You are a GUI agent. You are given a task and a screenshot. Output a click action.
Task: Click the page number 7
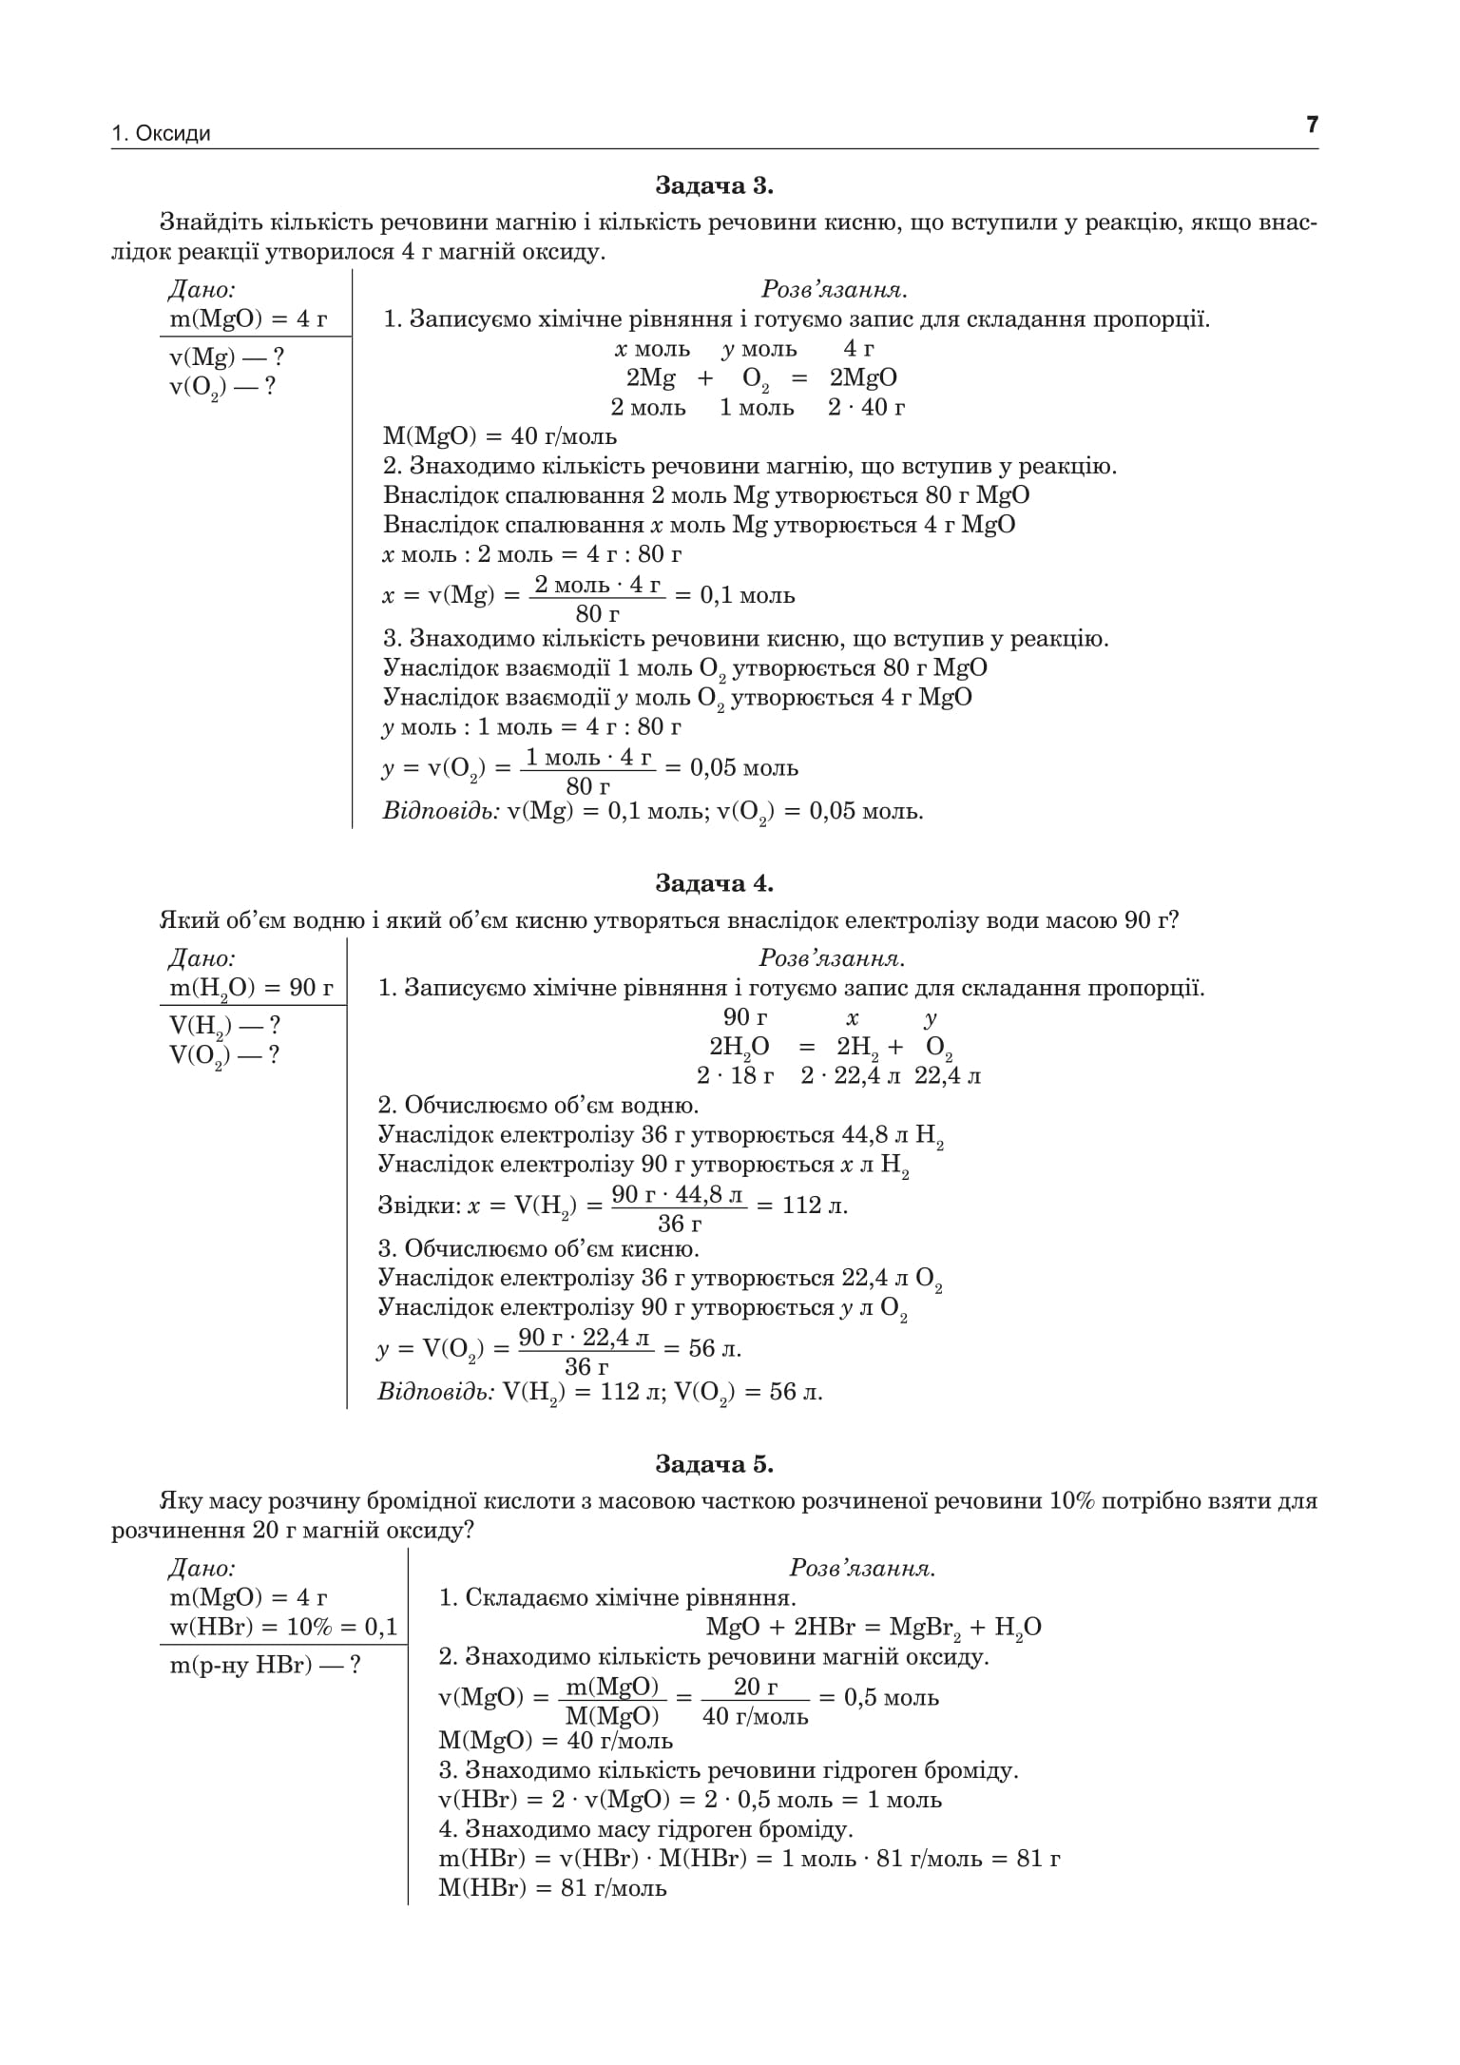tap(1312, 125)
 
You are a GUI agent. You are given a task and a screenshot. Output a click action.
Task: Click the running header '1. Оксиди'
tap(161, 134)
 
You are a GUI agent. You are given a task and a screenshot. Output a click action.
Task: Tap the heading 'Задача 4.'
tap(715, 883)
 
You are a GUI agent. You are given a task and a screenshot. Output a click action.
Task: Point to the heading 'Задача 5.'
tap(715, 1465)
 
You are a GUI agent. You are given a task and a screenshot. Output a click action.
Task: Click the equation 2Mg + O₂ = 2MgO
tap(760, 378)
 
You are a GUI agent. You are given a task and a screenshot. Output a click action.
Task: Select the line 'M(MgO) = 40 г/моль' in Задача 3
tap(500, 436)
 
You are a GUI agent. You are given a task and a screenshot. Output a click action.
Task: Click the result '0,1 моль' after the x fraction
tap(747, 595)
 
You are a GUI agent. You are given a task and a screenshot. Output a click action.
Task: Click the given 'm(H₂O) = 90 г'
tap(252, 989)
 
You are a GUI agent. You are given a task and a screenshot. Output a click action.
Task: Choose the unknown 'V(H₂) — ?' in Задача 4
tap(224, 1026)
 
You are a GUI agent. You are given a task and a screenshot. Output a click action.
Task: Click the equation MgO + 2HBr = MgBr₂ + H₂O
tap(874, 1627)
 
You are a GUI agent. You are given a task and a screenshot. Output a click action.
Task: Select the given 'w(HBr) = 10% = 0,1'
tap(283, 1627)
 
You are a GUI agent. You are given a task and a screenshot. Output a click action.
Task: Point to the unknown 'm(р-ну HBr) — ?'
tap(265, 1665)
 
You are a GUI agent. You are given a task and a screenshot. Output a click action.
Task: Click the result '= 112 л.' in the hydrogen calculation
tap(801, 1206)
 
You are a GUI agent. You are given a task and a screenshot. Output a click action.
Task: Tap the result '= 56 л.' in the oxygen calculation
tap(701, 1348)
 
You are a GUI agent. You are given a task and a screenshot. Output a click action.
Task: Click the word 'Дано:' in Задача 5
tap(202, 1568)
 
